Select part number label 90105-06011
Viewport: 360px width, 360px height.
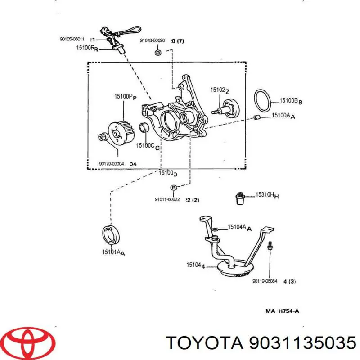(72, 39)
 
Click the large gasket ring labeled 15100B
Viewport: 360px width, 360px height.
(262, 99)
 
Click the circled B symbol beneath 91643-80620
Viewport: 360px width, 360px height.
(157, 53)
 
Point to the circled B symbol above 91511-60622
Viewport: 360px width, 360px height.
(173, 188)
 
